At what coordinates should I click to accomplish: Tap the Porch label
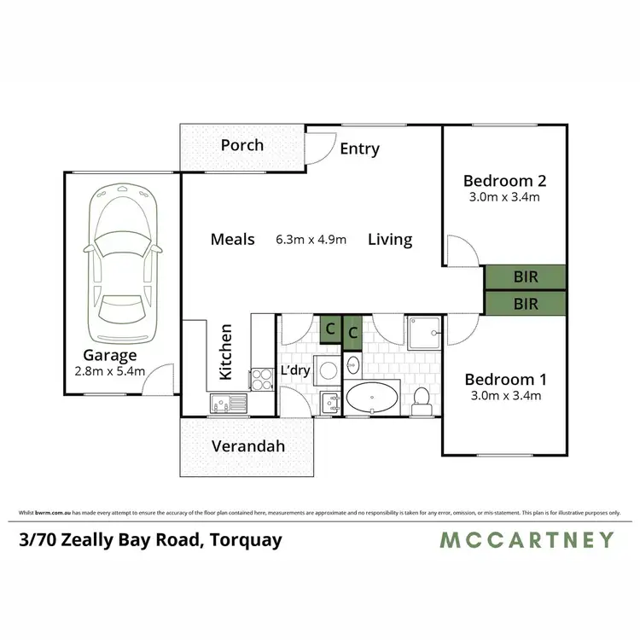pyautogui.click(x=242, y=145)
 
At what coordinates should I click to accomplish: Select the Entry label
pyautogui.click(x=359, y=148)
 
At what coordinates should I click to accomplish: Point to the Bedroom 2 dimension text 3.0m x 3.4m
pyautogui.click(x=503, y=197)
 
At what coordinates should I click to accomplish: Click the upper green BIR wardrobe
pyautogui.click(x=526, y=277)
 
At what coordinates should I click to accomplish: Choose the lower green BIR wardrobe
pyautogui.click(x=526, y=303)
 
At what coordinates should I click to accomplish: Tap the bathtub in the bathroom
pyautogui.click(x=371, y=397)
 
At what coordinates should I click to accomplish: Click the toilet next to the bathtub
pyautogui.click(x=421, y=399)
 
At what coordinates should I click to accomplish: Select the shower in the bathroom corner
pyautogui.click(x=424, y=332)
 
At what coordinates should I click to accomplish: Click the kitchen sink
pyautogui.click(x=228, y=402)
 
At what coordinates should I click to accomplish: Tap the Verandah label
pyautogui.click(x=247, y=446)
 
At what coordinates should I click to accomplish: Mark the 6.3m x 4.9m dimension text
pyautogui.click(x=311, y=240)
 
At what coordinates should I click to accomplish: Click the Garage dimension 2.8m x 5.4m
pyautogui.click(x=110, y=371)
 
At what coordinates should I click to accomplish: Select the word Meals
pyautogui.click(x=233, y=240)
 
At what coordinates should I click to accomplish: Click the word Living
pyautogui.click(x=390, y=240)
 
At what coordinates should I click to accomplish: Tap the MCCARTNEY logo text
pyautogui.click(x=527, y=539)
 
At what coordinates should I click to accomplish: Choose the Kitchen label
pyautogui.click(x=226, y=352)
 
